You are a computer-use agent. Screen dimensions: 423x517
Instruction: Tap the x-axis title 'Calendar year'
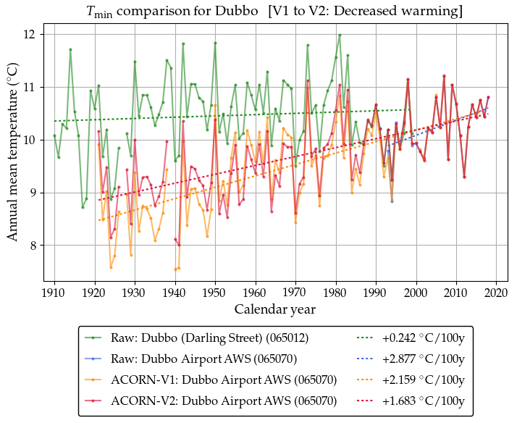pos(274,309)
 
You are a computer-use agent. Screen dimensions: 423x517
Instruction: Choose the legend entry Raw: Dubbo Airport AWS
pos(203,359)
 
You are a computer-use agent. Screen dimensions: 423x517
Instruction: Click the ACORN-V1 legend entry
pos(224,379)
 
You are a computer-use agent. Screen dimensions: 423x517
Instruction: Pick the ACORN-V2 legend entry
pos(224,399)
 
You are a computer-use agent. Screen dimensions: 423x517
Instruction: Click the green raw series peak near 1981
pos(340,35)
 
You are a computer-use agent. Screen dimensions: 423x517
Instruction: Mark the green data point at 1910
pos(54,135)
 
